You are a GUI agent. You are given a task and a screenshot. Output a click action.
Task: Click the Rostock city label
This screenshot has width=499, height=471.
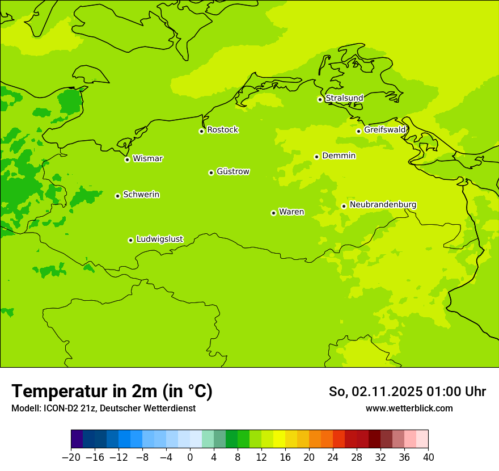[x=222, y=130]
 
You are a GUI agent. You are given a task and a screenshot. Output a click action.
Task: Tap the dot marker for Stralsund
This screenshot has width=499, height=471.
[x=320, y=99]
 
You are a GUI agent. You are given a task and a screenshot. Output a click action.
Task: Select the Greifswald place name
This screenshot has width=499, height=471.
[x=385, y=130]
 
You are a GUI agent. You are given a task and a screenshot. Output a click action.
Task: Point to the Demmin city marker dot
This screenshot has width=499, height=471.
[x=316, y=157]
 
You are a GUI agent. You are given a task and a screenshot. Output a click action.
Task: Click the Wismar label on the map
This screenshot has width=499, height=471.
[x=147, y=158]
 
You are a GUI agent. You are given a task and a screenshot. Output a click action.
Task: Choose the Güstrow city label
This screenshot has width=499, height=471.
[x=233, y=171]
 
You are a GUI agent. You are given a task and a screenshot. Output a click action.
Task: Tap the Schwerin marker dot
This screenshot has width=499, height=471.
[x=117, y=196]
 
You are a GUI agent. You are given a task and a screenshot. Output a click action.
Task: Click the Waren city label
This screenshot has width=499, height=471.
[x=291, y=212]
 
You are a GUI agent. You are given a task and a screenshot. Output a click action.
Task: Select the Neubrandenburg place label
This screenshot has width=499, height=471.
[x=383, y=204]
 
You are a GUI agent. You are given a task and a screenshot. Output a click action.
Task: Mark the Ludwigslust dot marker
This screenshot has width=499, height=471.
[x=130, y=240]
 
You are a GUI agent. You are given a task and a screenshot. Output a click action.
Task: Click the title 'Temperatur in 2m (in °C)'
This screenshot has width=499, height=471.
[x=112, y=391]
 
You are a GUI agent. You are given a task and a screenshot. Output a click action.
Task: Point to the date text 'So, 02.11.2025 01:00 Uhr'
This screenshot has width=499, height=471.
[x=407, y=392]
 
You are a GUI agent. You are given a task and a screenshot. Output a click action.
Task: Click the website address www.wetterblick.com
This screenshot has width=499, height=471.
[x=409, y=408]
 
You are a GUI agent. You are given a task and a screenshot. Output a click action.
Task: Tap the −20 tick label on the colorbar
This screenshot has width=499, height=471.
[x=71, y=457]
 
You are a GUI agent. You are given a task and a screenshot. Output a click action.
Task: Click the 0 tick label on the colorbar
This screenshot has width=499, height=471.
[x=190, y=457]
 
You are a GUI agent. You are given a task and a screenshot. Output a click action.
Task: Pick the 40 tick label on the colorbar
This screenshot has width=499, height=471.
[x=428, y=457]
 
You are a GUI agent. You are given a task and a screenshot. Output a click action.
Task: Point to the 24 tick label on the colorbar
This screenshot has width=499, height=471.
[x=333, y=457]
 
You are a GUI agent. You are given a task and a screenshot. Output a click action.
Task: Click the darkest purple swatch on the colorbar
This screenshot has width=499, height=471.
[x=77, y=439]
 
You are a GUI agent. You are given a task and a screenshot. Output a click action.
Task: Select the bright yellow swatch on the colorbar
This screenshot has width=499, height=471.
[x=279, y=439]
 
